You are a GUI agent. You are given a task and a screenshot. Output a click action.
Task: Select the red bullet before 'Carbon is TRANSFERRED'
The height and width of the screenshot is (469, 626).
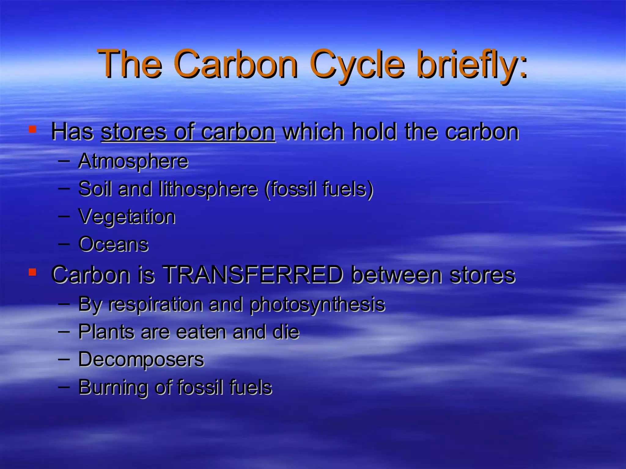[32, 272]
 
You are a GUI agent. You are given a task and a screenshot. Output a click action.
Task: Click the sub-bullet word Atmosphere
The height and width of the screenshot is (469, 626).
[133, 161]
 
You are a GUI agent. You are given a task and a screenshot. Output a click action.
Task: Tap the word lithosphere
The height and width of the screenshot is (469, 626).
[208, 188]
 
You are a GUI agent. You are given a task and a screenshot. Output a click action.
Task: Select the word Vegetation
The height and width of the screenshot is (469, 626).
[127, 216]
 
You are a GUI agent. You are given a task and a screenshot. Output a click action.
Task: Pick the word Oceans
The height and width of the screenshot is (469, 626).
[113, 244]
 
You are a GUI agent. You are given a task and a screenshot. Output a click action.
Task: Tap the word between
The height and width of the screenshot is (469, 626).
[397, 274]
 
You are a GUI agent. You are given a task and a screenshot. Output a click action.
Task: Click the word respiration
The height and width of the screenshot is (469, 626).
[156, 304]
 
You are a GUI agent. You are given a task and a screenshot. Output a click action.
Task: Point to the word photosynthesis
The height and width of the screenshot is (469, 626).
[317, 304]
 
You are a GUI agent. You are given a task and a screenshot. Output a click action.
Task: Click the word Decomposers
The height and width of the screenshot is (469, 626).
[141, 359]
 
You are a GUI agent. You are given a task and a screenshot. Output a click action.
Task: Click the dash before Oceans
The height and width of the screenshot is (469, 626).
[64, 244]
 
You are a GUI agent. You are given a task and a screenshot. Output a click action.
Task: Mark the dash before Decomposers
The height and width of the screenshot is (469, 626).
[64, 358]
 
